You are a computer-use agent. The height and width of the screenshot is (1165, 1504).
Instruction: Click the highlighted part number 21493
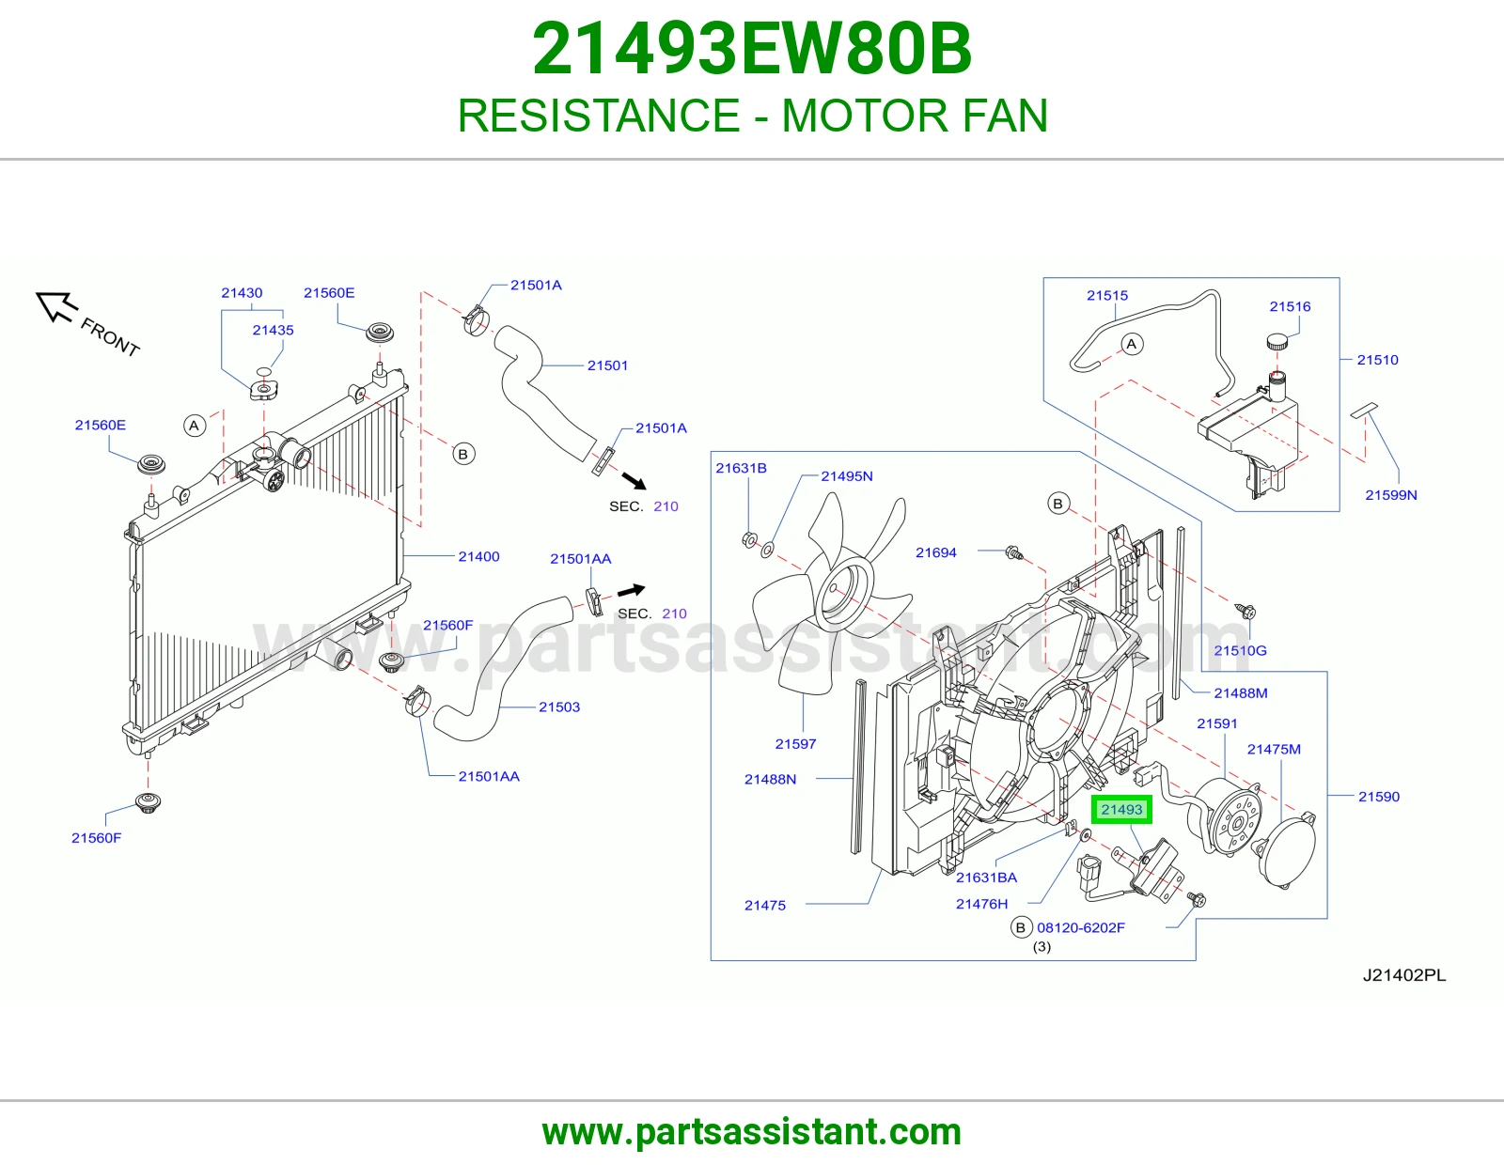[1121, 810]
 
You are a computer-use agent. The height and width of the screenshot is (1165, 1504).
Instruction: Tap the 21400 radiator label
[478, 556]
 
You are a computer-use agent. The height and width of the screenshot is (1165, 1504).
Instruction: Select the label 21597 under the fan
[795, 744]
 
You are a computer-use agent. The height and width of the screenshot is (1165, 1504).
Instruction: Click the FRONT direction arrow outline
[55, 306]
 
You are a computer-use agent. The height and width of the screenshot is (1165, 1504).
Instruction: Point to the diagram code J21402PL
[1404, 975]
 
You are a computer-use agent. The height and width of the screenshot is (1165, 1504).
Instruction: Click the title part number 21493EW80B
[752, 49]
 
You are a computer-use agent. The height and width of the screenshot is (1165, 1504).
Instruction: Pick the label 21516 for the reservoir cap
[1290, 306]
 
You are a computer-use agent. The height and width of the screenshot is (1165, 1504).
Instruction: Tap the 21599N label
[1390, 494]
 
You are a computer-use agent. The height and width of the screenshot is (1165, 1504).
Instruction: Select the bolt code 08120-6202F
[1080, 927]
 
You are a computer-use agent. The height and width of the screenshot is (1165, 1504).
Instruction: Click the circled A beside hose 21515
[1132, 344]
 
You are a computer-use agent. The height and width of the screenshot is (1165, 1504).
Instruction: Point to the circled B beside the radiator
[463, 454]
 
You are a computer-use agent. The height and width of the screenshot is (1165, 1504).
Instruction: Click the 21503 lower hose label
[559, 707]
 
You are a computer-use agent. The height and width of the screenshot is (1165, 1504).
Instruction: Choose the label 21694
[935, 552]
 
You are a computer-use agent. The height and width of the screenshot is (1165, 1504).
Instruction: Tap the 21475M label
[1274, 749]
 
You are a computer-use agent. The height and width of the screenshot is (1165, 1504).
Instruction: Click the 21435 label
[273, 330]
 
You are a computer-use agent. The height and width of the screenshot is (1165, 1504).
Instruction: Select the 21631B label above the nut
[741, 468]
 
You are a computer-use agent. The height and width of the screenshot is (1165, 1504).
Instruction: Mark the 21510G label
[1240, 650]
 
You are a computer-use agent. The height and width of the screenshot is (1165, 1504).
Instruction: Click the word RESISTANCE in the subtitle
[599, 116]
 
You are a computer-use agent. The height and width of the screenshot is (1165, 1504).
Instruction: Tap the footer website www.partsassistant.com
[752, 1132]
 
